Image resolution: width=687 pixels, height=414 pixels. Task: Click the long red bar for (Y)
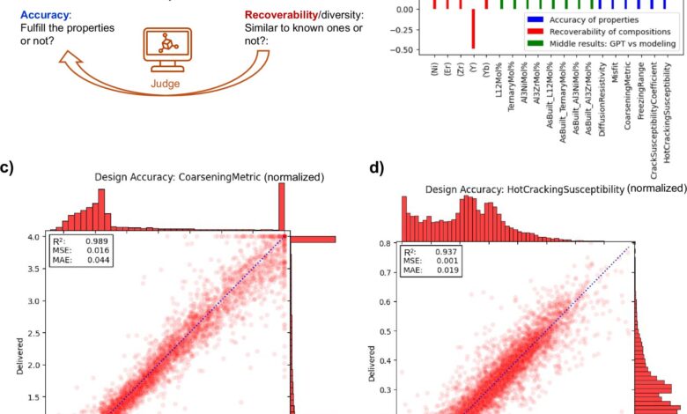click(473, 28)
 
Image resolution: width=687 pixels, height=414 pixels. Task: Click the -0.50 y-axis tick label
click(403, 50)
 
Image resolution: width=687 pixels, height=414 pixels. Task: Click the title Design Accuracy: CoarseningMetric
click(210, 177)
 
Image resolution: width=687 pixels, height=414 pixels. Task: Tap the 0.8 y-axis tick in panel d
click(385, 243)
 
